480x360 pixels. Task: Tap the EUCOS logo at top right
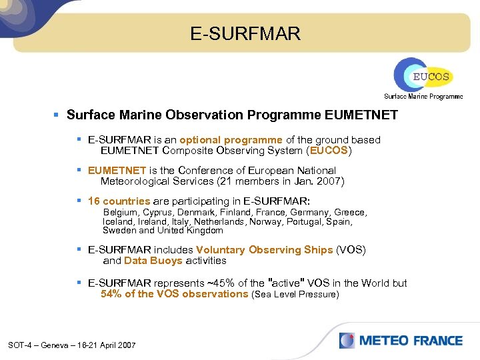pyautogui.click(x=422, y=75)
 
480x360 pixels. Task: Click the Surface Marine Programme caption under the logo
pyautogui.click(x=423, y=97)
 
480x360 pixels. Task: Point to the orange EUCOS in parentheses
pyautogui.click(x=328, y=151)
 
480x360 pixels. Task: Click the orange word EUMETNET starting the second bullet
pyautogui.click(x=117, y=171)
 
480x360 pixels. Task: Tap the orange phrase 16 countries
pyautogui.click(x=119, y=201)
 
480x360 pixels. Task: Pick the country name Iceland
pyautogui.click(x=118, y=221)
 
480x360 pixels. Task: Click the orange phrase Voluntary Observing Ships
pyautogui.click(x=264, y=250)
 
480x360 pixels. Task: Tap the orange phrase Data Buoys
pyautogui.click(x=153, y=261)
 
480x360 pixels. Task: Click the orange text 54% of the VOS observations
pyautogui.click(x=174, y=294)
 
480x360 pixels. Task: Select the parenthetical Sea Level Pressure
pyautogui.click(x=295, y=295)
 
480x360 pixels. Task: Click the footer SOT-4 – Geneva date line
pyautogui.click(x=72, y=345)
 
